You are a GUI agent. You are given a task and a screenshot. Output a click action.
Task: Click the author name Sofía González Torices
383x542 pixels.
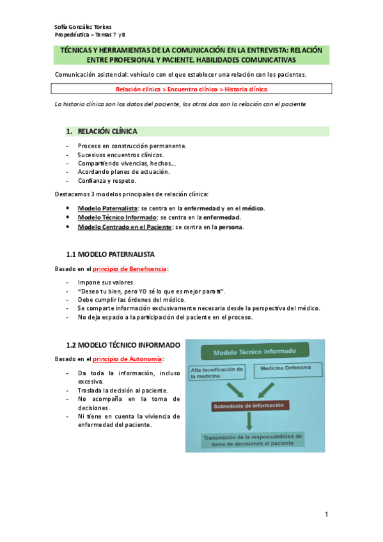pos(83,27)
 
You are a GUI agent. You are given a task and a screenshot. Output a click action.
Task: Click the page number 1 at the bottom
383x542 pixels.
pos(326,515)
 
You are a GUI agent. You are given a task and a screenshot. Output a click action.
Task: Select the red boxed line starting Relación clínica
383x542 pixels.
pos(191,89)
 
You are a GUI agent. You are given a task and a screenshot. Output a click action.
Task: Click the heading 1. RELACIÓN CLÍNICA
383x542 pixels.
pos(107,132)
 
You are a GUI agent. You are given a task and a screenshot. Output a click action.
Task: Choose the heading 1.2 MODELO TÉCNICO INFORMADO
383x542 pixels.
pos(123,345)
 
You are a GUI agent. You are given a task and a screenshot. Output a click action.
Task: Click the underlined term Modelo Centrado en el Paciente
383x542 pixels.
pos(124,227)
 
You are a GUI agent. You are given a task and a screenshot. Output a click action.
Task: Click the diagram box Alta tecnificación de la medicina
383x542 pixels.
pos(218,373)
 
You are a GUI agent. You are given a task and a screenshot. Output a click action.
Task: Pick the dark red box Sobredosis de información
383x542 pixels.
pos(251,406)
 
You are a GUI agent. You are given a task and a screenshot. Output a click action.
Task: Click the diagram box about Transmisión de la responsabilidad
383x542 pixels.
pos(253,440)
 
